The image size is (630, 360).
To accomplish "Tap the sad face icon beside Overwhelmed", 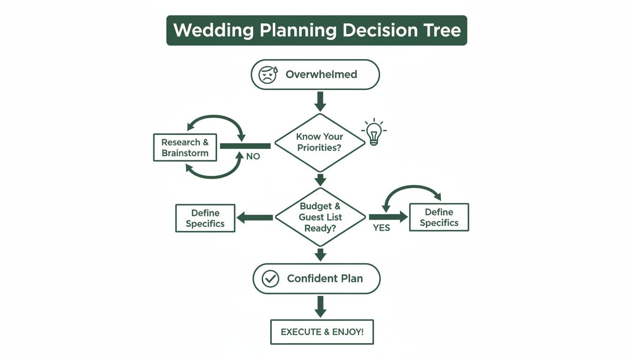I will click(268, 74).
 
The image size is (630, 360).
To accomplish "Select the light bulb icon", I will click(374, 133).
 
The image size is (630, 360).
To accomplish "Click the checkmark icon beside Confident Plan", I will click(270, 278).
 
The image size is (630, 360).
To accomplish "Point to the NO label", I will click(253, 157).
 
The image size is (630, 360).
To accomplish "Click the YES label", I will click(382, 228).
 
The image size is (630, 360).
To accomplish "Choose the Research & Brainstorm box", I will click(185, 148).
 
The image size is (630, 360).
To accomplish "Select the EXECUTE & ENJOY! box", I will click(322, 332).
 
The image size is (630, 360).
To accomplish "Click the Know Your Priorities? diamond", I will click(320, 142).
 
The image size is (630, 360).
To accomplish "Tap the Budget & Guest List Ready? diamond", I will click(320, 217).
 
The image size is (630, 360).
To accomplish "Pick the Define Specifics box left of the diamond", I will click(205, 218).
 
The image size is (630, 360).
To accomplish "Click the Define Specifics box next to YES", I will click(439, 217).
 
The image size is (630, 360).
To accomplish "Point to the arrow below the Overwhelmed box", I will click(320, 101).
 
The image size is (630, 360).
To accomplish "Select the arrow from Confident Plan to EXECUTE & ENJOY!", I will click(320, 306).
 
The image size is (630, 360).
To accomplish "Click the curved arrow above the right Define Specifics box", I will click(412, 190).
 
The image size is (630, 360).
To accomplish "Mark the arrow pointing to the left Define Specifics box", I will click(255, 217).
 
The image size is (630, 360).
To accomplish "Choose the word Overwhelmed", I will click(321, 74).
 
